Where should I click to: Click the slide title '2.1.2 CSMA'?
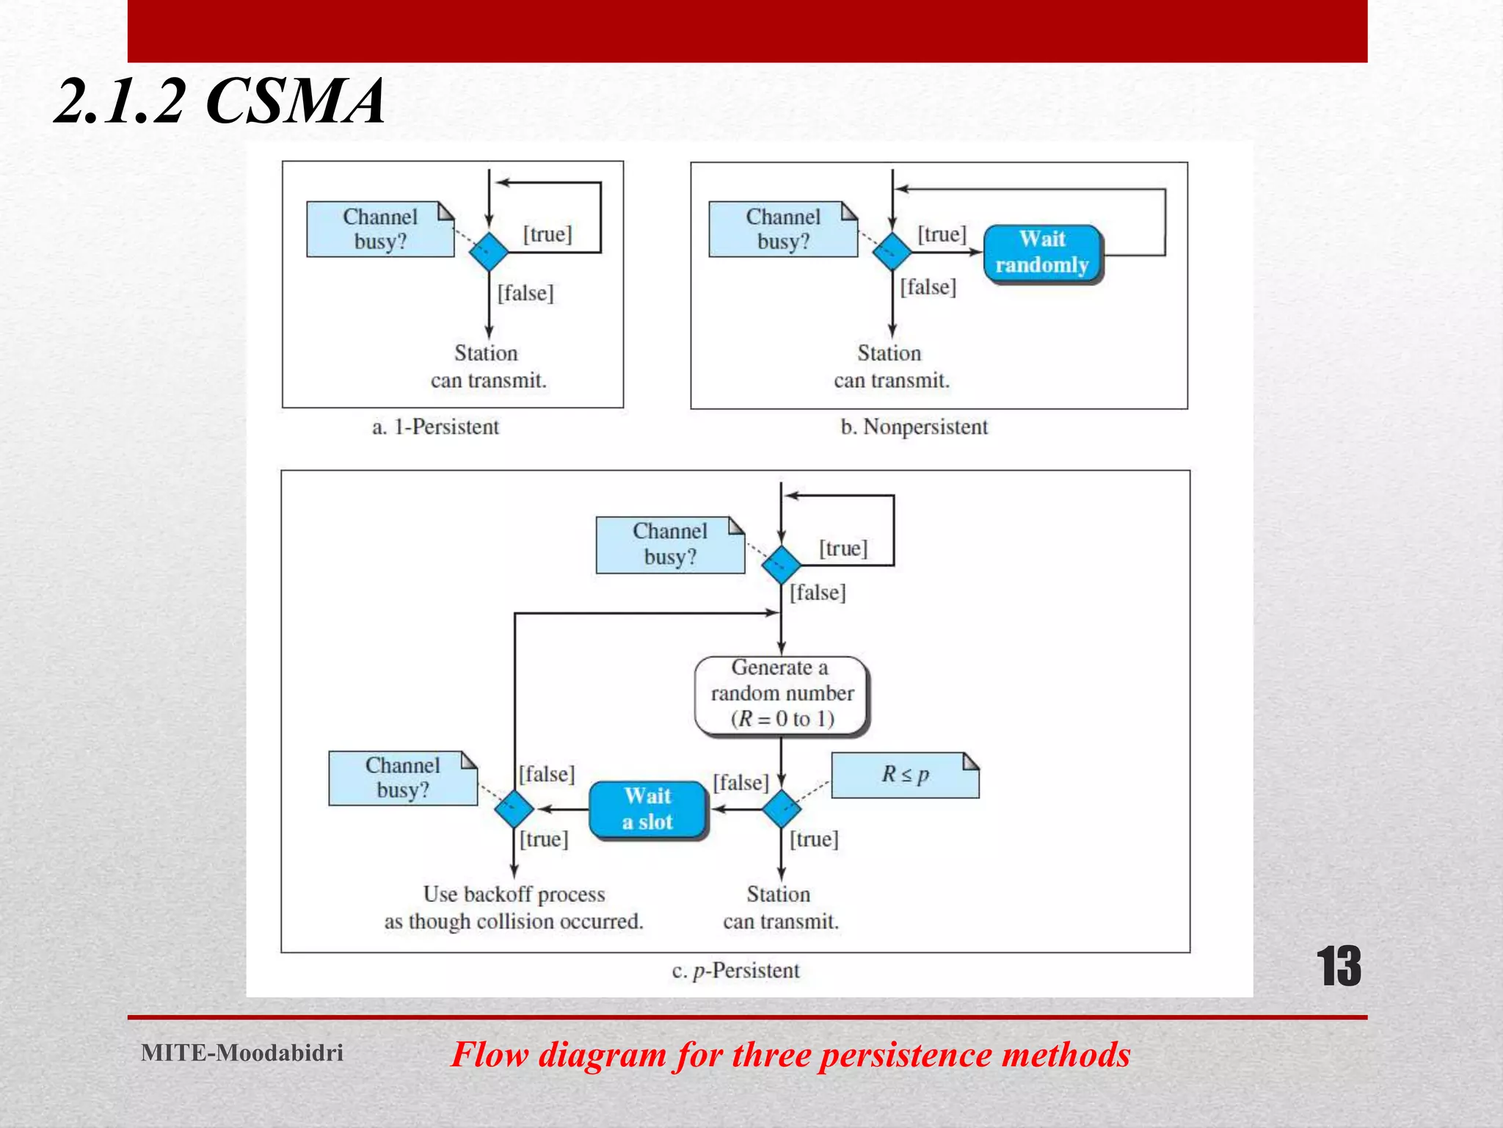pyautogui.click(x=220, y=101)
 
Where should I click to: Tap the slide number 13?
pyautogui.click(x=1338, y=966)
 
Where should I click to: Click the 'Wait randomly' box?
pyautogui.click(x=1042, y=253)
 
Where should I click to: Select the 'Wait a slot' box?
pyautogui.click(x=647, y=809)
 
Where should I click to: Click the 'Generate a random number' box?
pyautogui.click(x=781, y=694)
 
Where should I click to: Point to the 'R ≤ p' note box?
pyautogui.click(x=905, y=775)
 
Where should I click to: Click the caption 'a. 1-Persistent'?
pyautogui.click(x=435, y=427)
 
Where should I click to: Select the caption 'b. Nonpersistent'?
pyautogui.click(x=914, y=427)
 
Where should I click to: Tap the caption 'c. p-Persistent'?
pyautogui.click(x=735, y=971)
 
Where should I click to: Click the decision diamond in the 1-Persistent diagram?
pyautogui.click(x=489, y=252)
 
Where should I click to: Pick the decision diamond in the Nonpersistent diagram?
pyautogui.click(x=892, y=252)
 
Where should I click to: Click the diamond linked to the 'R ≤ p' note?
pyautogui.click(x=781, y=809)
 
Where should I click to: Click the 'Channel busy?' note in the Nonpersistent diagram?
pyautogui.click(x=782, y=229)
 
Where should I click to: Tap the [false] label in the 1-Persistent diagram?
pyautogui.click(x=525, y=293)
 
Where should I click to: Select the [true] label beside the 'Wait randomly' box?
pyautogui.click(x=942, y=234)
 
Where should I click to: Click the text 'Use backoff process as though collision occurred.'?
pyautogui.click(x=514, y=908)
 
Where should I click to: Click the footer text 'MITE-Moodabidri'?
pyautogui.click(x=242, y=1052)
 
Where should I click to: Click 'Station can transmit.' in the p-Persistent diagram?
pyautogui.click(x=780, y=908)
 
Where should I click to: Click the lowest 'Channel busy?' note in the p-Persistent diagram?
pyautogui.click(x=402, y=778)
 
